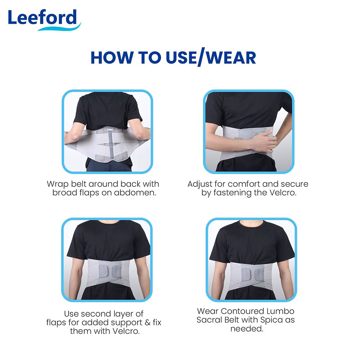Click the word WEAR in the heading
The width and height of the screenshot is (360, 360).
point(231,58)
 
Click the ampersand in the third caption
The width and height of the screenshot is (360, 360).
point(148,323)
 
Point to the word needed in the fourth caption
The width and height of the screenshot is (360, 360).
point(247,329)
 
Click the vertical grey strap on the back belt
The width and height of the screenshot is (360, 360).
point(111,145)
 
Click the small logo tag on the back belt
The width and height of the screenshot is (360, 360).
point(110,130)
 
